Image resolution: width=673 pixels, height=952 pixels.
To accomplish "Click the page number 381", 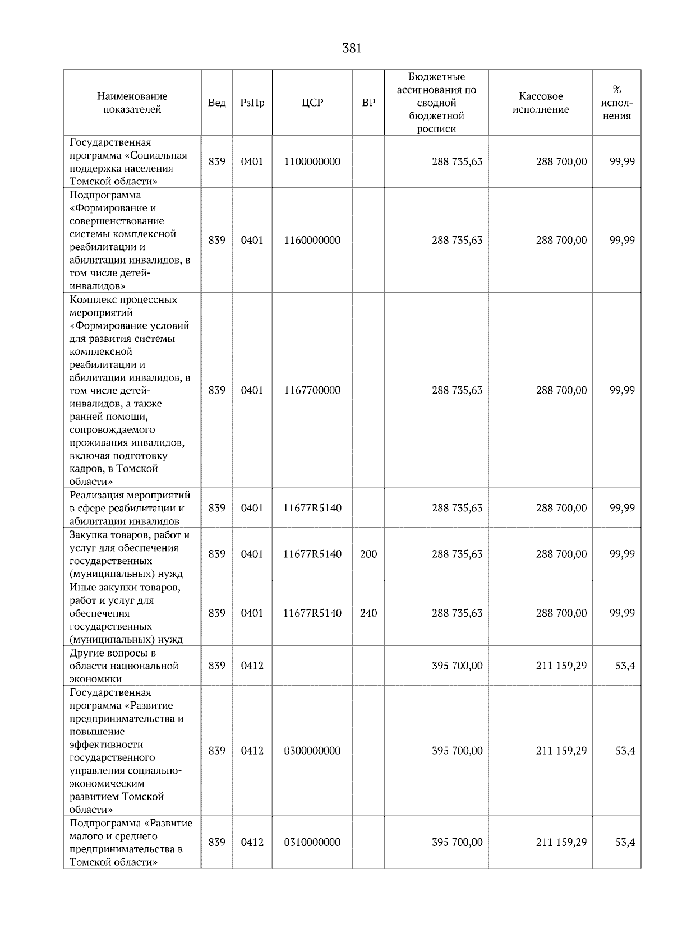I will [352, 48].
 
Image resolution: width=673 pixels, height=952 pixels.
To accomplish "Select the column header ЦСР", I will [312, 103].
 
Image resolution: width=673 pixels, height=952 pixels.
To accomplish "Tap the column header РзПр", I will [252, 103].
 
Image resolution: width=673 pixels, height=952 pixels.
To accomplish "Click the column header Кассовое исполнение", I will [540, 103].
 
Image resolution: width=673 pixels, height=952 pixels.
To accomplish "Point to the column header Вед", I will [216, 103].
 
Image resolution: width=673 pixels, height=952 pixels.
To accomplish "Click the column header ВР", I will [368, 103].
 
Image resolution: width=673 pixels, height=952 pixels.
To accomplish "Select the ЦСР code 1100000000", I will [312, 161].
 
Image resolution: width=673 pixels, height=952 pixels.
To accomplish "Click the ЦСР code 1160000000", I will [312, 240].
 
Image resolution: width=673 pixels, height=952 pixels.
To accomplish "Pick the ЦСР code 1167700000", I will [312, 390].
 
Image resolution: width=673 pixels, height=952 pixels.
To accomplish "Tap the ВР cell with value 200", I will [368, 554].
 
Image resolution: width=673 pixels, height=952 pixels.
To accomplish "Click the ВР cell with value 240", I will [368, 613].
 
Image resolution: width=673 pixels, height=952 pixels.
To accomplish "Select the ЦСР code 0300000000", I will [312, 751].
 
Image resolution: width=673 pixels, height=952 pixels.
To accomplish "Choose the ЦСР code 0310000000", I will [312, 842].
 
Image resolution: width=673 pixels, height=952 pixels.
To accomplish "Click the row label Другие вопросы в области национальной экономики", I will [124, 666].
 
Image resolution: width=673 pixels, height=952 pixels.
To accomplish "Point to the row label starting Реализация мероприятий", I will [129, 508].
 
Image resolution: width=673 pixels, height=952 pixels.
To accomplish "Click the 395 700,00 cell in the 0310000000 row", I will [457, 842].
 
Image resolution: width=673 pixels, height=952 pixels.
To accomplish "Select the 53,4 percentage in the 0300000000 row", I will [625, 751].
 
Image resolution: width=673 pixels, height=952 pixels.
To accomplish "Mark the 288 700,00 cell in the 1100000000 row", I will [561, 161].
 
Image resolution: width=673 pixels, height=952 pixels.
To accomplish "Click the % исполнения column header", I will [617, 103].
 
